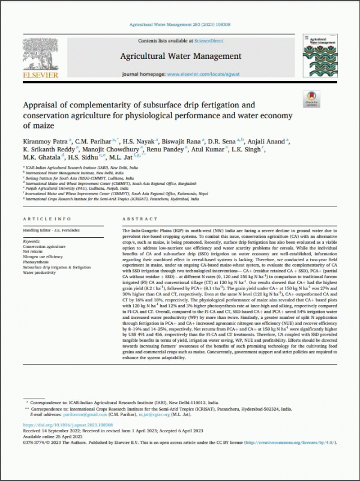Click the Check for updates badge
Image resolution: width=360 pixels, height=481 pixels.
[312, 99]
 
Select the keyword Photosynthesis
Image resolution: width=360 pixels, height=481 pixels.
[40, 261]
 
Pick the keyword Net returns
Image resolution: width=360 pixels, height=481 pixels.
[35, 252]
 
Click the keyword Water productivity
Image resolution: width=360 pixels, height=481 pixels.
[44, 271]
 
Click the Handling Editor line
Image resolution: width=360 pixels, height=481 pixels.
[53, 231]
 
